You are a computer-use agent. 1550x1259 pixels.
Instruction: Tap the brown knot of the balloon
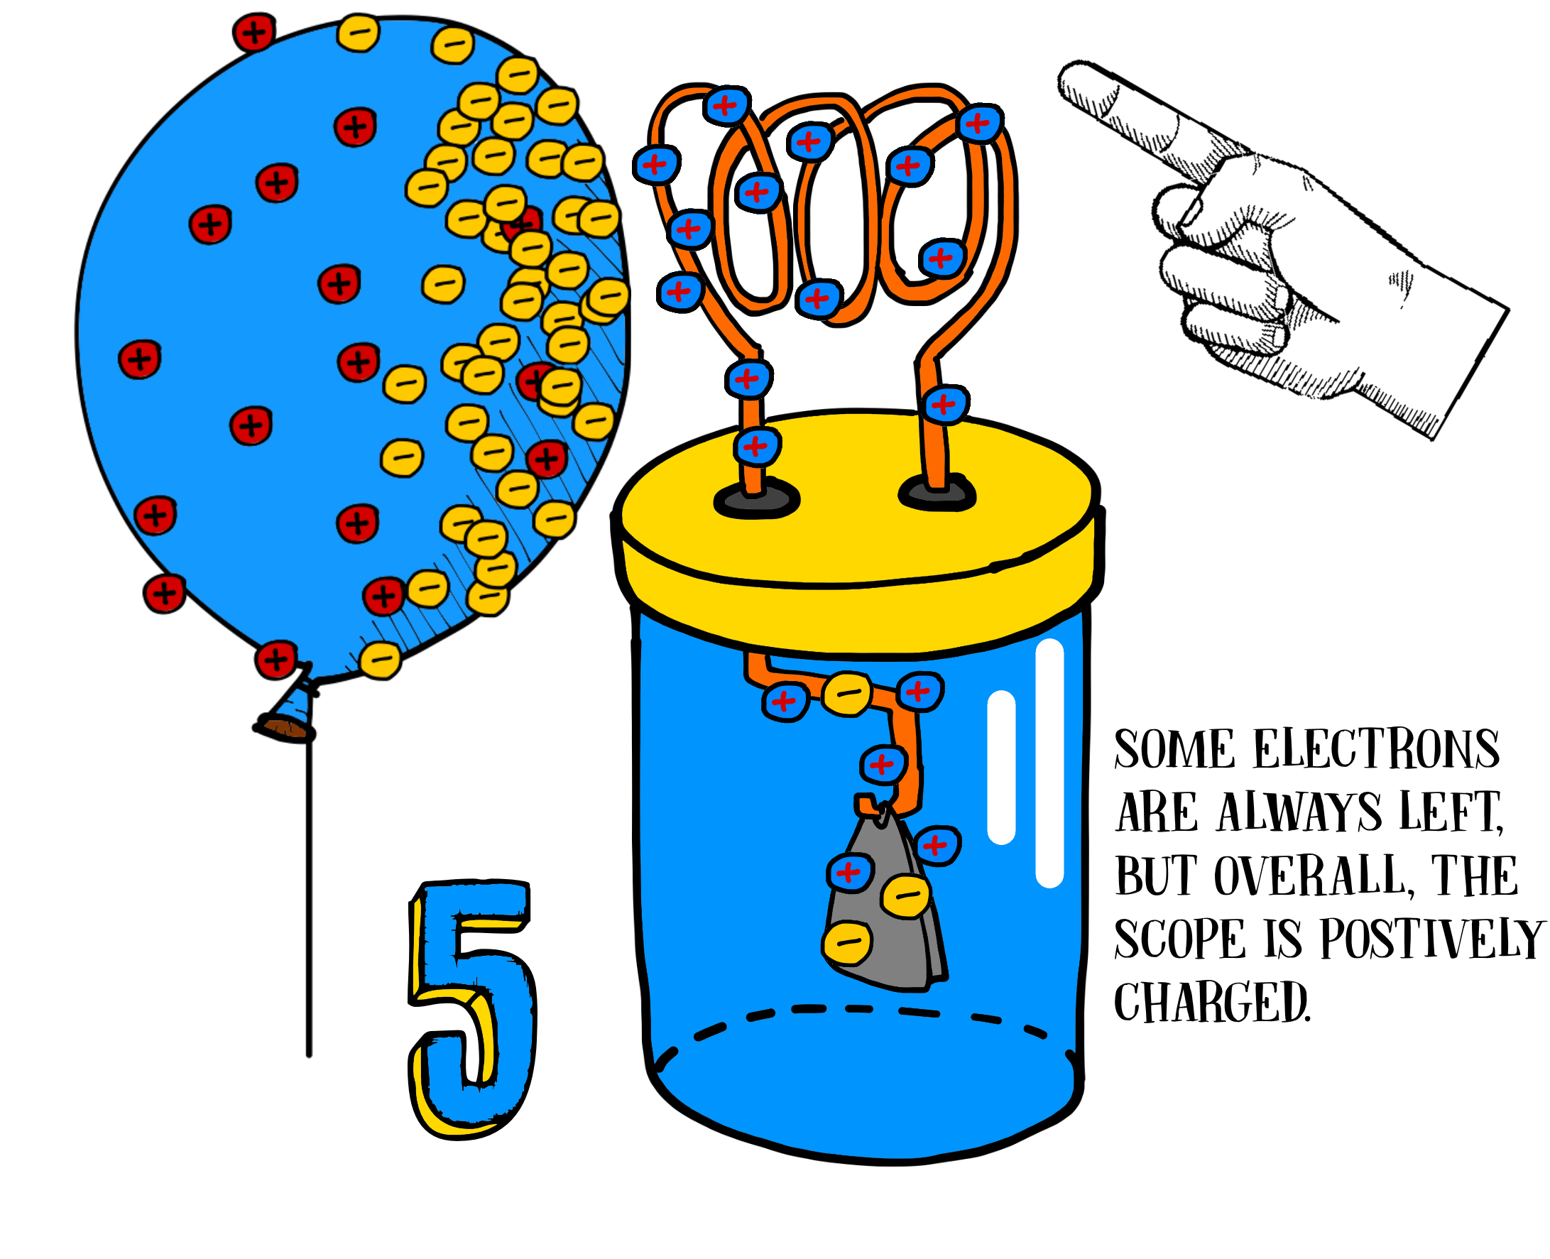[284, 727]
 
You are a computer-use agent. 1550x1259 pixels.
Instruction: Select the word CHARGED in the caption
[1212, 1003]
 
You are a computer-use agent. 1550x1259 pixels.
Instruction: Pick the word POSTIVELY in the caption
[1433, 939]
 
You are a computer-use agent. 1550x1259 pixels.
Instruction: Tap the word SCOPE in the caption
[1179, 939]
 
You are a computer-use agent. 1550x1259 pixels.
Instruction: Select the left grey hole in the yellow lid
[756, 499]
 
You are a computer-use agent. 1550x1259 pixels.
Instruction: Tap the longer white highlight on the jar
[1049, 763]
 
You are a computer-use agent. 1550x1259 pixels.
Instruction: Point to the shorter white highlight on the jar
[1001, 768]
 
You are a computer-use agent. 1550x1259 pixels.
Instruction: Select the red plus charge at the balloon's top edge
[253, 33]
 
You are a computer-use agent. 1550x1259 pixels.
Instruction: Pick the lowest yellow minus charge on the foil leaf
[847, 943]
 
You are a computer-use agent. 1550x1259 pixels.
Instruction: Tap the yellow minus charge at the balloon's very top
[358, 33]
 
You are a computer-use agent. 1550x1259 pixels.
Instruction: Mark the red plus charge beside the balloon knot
[275, 660]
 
